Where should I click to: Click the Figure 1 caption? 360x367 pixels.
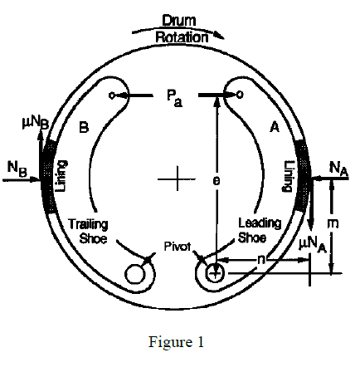(x=176, y=342)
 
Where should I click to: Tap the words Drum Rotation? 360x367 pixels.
(x=181, y=29)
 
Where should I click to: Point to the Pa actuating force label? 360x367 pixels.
(x=174, y=99)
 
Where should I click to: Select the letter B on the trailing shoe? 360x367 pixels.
(x=84, y=128)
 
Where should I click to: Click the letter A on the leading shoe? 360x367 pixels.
(x=275, y=128)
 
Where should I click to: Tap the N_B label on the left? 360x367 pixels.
(x=17, y=169)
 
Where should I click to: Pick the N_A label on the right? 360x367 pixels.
(x=338, y=169)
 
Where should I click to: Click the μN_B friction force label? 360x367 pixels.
(x=36, y=124)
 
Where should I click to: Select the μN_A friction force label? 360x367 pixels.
(x=313, y=245)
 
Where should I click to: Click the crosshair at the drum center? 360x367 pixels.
(x=177, y=179)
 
